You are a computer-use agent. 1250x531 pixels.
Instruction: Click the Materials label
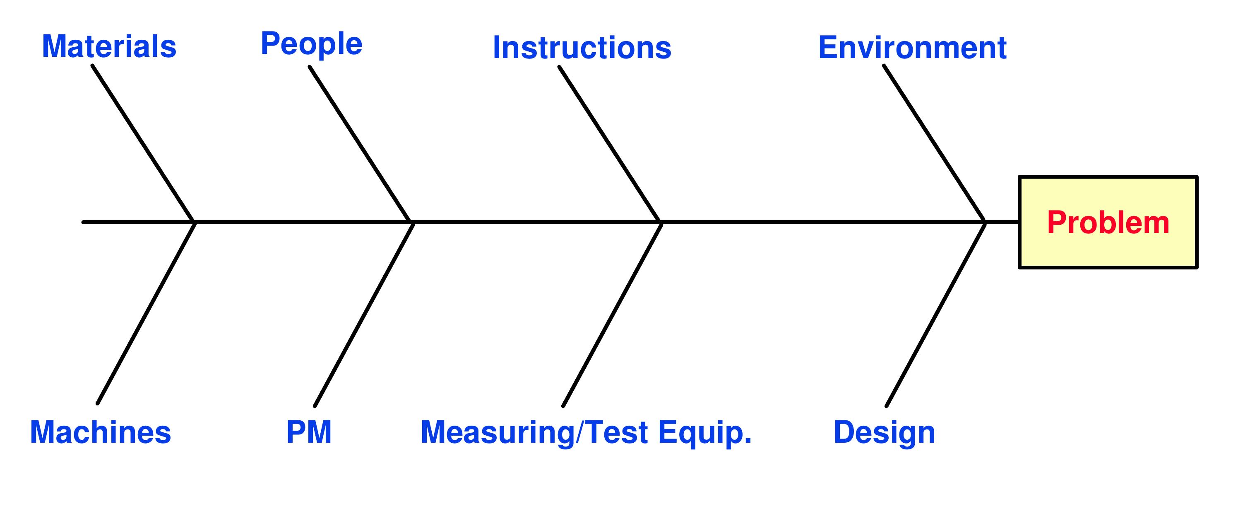click(x=109, y=47)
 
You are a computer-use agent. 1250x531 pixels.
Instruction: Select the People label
click(x=312, y=44)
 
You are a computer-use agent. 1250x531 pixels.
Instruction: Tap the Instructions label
click(x=582, y=48)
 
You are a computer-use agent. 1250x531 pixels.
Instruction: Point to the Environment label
click(x=912, y=48)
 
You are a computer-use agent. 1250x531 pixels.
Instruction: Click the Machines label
click(x=101, y=432)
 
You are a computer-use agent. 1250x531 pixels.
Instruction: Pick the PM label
click(x=309, y=432)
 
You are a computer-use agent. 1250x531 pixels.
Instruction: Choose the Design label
click(x=884, y=432)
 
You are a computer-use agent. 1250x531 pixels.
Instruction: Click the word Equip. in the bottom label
click(x=705, y=432)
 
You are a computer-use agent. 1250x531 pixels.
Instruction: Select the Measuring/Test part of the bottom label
click(x=534, y=432)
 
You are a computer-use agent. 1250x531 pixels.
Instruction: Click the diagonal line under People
click(x=360, y=144)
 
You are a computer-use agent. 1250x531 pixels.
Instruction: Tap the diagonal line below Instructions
click(x=609, y=144)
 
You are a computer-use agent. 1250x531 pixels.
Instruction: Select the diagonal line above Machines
click(x=146, y=313)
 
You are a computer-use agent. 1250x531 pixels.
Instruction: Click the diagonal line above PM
click(x=363, y=314)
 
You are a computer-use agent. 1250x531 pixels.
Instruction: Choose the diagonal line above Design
click(x=935, y=314)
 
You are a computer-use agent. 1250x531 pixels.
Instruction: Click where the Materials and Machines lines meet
click(x=194, y=222)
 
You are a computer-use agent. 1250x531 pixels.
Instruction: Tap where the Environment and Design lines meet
click(x=985, y=222)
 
